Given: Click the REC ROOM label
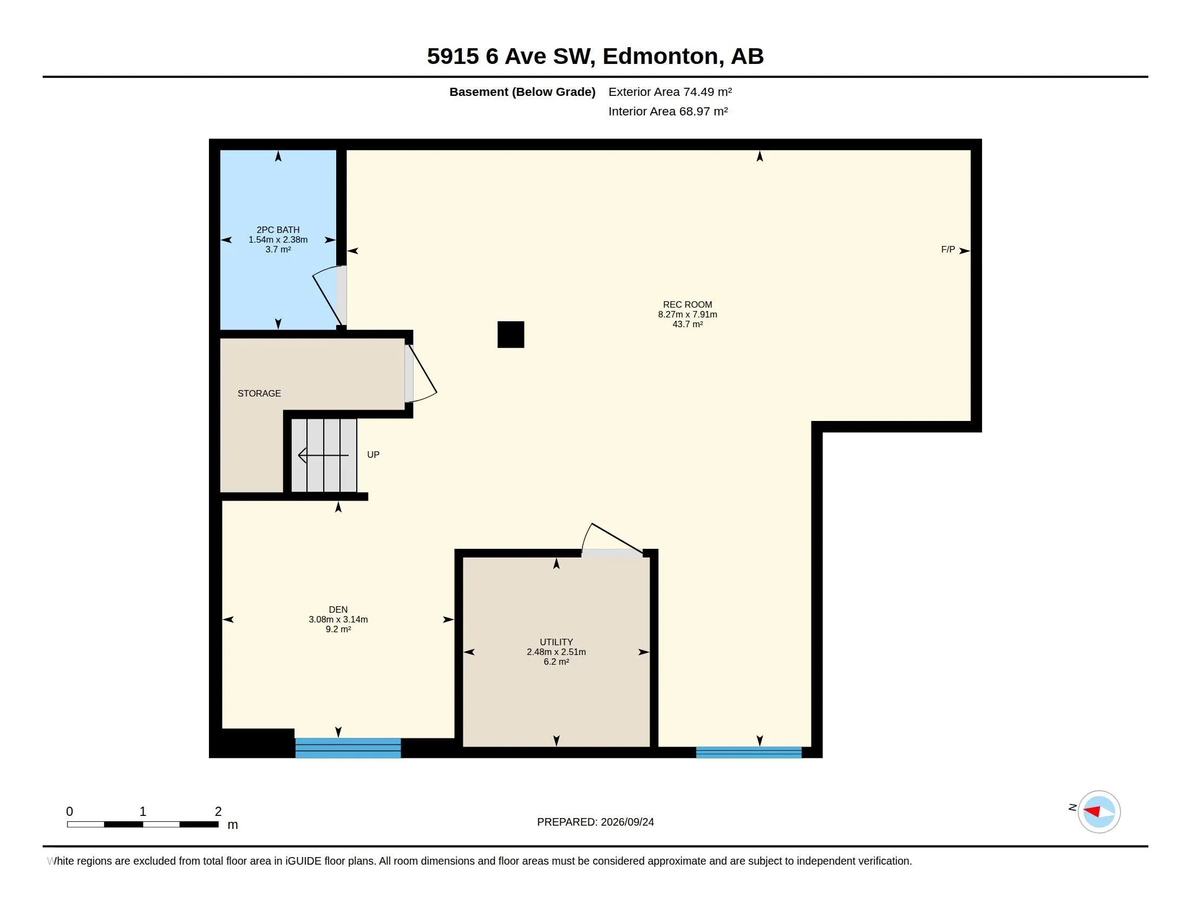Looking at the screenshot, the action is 687,304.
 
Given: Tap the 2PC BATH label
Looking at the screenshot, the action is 278,230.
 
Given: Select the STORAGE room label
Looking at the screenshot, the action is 259,393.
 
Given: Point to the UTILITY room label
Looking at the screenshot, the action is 556,642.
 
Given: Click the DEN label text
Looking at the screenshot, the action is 338,609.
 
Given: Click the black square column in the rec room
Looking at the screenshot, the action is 511,334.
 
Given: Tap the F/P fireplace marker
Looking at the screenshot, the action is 948,249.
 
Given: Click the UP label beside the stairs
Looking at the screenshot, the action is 373,455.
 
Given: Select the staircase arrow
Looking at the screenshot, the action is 323,455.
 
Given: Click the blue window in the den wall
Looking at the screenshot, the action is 348,748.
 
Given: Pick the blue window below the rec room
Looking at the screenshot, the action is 749,753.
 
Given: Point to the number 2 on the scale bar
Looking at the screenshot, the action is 218,812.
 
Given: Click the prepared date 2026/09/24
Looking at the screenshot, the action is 627,822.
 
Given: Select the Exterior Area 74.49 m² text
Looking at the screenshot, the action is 670,92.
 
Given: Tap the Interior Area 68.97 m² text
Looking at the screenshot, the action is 668,111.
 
